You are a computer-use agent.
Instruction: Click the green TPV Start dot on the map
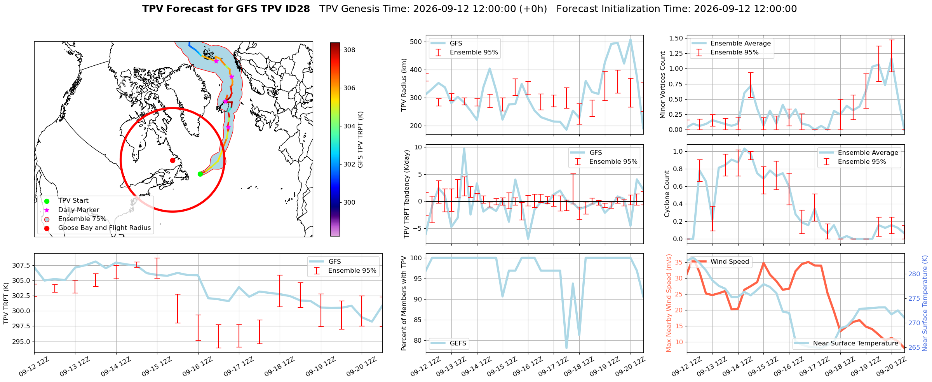(x=200, y=174)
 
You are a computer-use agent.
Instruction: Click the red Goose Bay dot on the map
(x=172, y=160)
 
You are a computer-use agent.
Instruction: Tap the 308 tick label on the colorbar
(x=349, y=50)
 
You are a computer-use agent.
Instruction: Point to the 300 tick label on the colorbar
(x=349, y=202)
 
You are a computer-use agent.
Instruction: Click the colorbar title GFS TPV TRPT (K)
(x=361, y=140)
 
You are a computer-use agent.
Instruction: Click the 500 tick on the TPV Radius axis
(x=416, y=42)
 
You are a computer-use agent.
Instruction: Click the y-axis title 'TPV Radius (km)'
(x=404, y=85)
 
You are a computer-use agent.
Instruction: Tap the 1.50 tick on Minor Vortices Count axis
(x=676, y=38)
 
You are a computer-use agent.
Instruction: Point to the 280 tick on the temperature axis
(x=914, y=274)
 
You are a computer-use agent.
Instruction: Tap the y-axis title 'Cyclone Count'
(x=667, y=194)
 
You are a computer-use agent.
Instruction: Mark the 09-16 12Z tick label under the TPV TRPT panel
(x=197, y=366)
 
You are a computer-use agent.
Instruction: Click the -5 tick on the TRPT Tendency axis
(x=418, y=228)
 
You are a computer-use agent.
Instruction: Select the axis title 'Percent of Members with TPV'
(x=404, y=303)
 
